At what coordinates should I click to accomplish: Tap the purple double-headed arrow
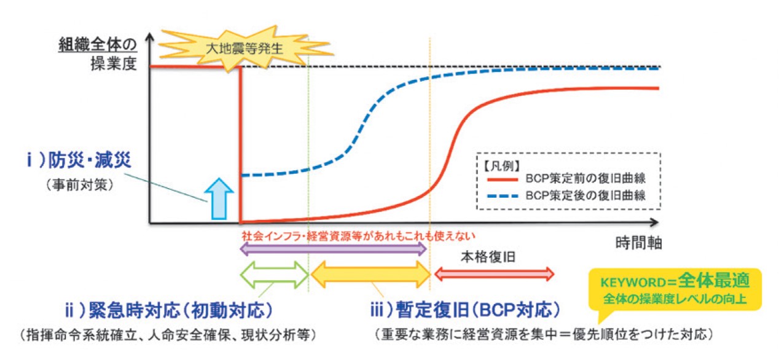click(332, 249)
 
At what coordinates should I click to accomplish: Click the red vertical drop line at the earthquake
click(240, 144)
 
